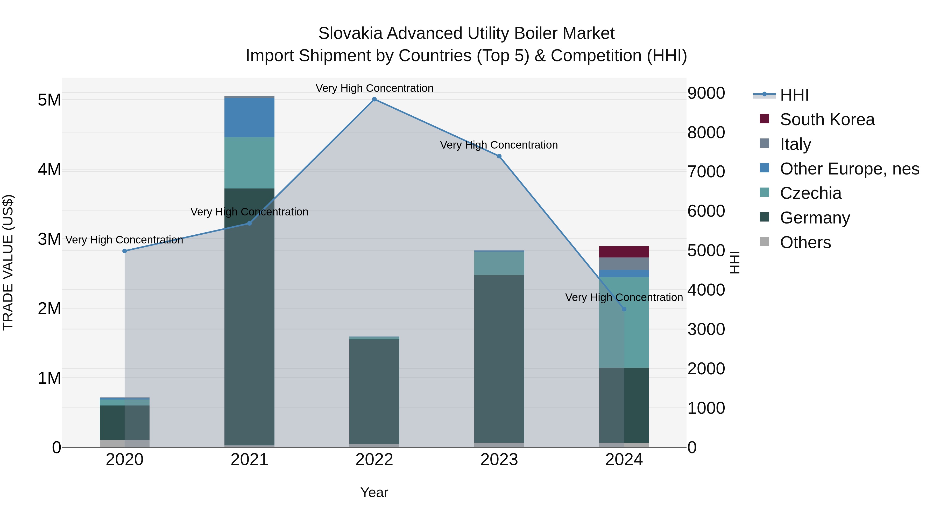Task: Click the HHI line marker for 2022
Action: pyautogui.click(x=374, y=99)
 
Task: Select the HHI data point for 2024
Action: pyautogui.click(x=624, y=309)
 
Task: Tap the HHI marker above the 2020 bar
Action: pyautogui.click(x=125, y=251)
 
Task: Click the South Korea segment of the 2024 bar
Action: pyautogui.click(x=624, y=252)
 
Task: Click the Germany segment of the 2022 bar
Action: pyautogui.click(x=374, y=391)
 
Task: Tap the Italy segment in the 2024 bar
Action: pyautogui.click(x=624, y=263)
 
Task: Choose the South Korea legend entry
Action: pyautogui.click(x=827, y=120)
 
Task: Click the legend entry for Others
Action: pyautogui.click(x=805, y=242)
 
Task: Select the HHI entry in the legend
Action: pyautogui.click(x=794, y=95)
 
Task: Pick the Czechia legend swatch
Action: pyautogui.click(x=764, y=192)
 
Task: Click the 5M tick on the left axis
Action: pyautogui.click(x=49, y=100)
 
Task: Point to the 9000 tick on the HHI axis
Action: pyautogui.click(x=706, y=94)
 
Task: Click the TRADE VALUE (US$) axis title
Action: pyautogui.click(x=8, y=262)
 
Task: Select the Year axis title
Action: pyautogui.click(x=374, y=492)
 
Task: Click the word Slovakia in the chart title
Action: pyautogui.click(x=350, y=33)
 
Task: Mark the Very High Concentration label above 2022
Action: pyautogui.click(x=374, y=88)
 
